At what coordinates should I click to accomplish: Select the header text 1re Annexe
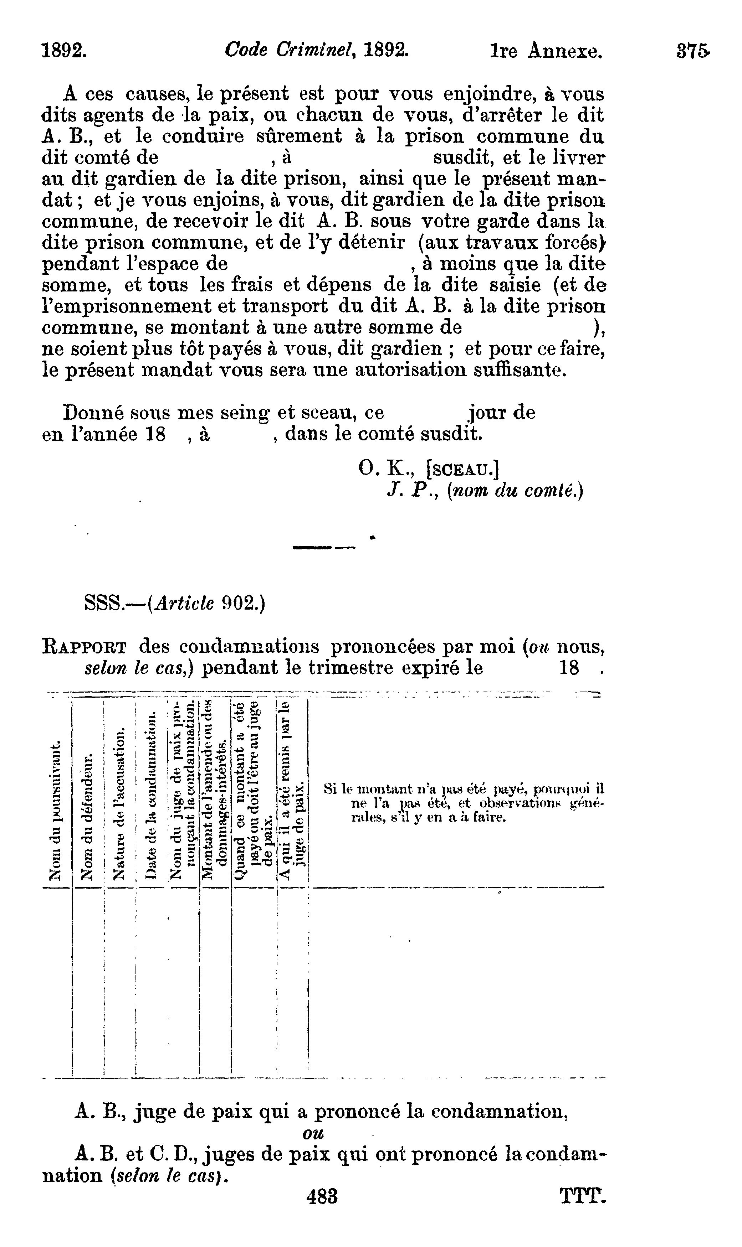click(x=546, y=51)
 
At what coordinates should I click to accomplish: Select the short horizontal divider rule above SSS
click(x=323, y=548)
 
